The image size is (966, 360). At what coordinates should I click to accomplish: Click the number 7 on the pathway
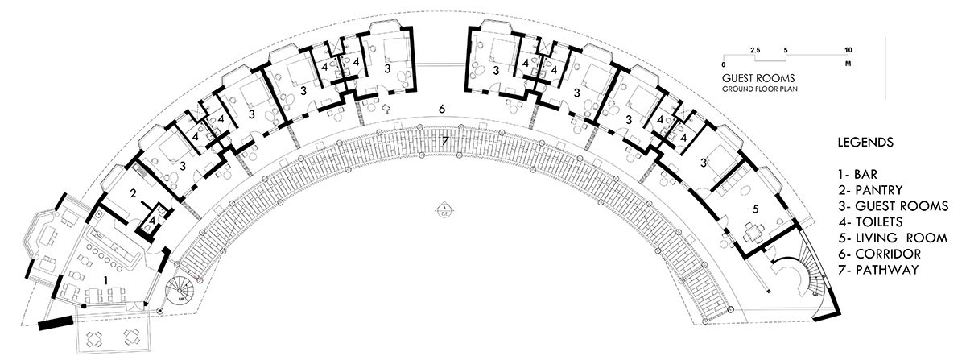tap(445, 142)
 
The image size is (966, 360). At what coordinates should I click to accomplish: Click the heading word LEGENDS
tap(867, 143)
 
